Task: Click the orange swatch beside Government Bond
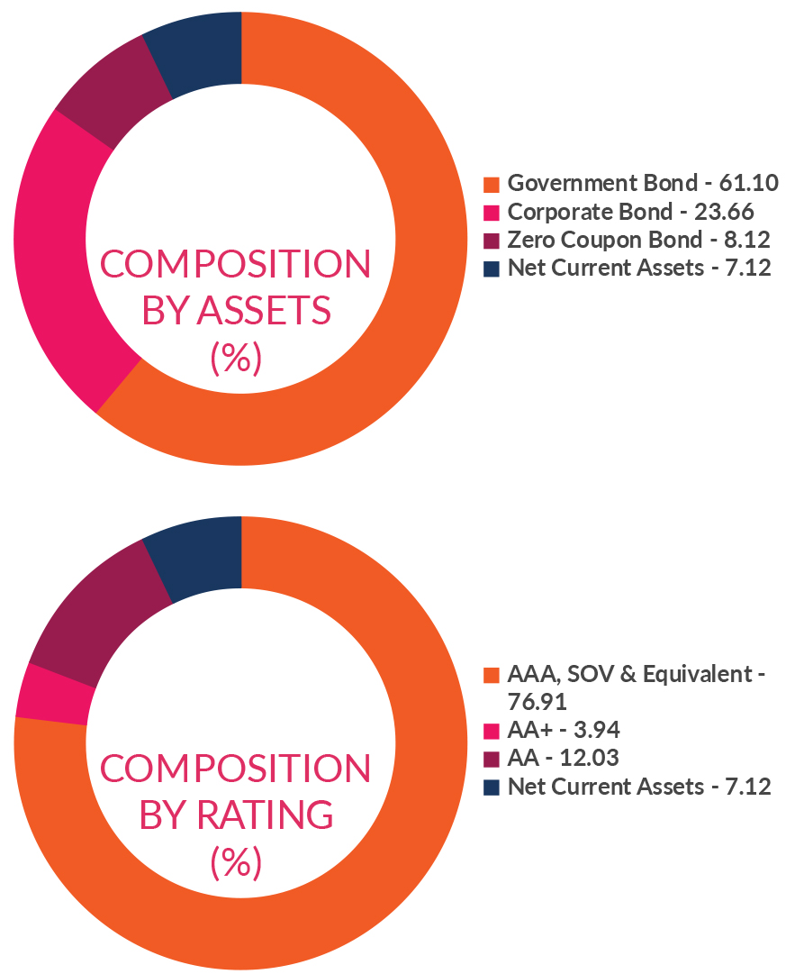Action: pos(491,185)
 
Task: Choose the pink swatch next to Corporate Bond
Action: pos(491,214)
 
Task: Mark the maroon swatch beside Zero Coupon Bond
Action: pos(491,241)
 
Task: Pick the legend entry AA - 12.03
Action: pos(564,758)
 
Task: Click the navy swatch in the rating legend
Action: pos(491,787)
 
